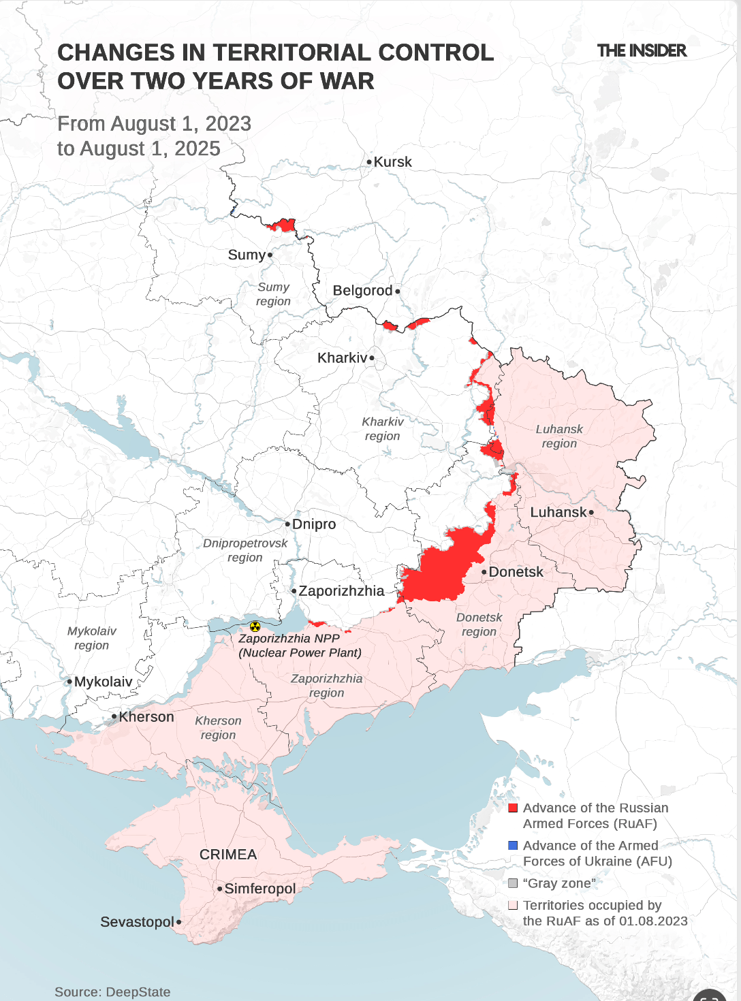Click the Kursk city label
392,162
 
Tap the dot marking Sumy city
270,255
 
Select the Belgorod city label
362,291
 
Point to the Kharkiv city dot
372,357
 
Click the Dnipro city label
314,524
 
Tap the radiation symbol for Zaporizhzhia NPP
255,626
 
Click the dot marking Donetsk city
484,572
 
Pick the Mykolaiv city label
104,682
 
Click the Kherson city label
146,717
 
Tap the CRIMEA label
228,855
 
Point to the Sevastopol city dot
178,922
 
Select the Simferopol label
260,889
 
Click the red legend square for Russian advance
514,808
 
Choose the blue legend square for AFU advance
514,845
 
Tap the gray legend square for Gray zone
514,883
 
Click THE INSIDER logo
642,51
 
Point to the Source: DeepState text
112,992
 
